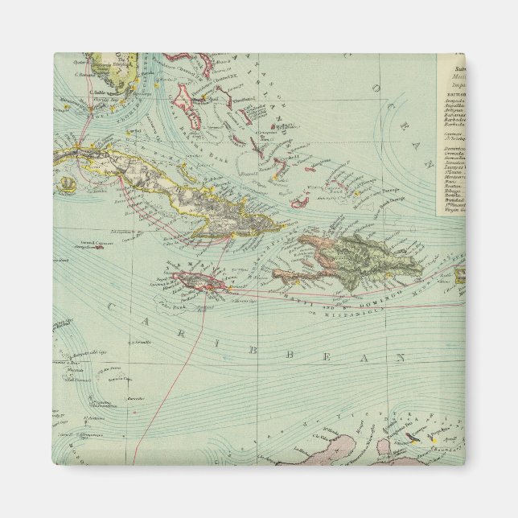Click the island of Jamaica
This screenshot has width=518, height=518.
(x=198, y=281)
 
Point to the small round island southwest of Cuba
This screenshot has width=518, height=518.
(x=70, y=183)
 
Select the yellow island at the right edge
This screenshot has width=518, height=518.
(x=462, y=276)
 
